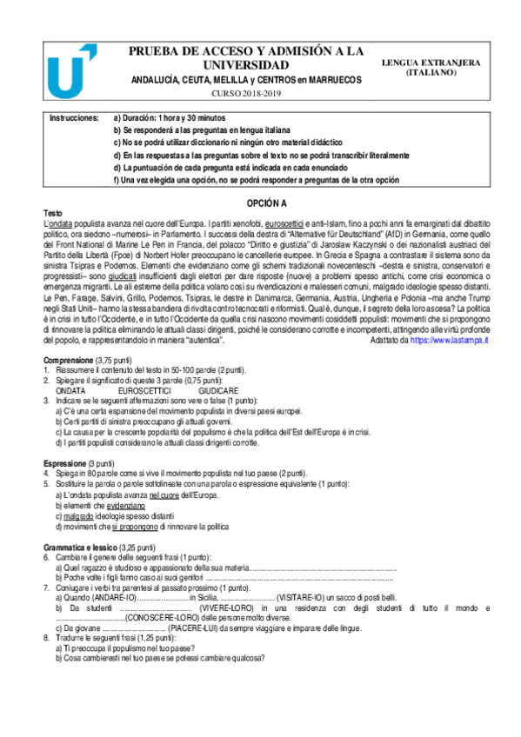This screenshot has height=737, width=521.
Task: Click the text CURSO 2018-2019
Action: click(x=246, y=93)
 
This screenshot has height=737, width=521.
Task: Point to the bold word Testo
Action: click(x=53, y=213)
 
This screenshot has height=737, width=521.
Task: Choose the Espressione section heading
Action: click(x=67, y=463)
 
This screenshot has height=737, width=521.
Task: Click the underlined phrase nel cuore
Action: click(x=164, y=495)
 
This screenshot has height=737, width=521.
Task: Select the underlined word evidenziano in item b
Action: click(x=126, y=505)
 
